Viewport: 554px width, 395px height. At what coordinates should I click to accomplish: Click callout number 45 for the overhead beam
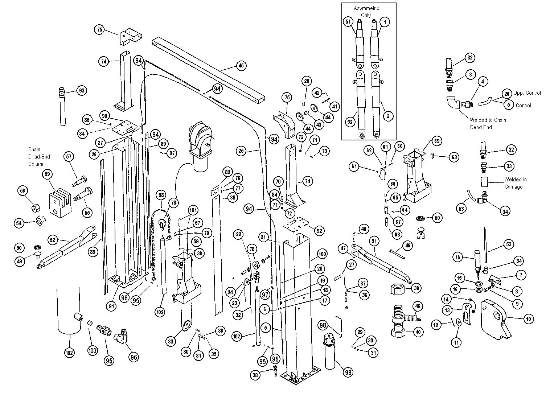click(241, 66)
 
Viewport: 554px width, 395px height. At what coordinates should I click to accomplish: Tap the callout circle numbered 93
click(81, 90)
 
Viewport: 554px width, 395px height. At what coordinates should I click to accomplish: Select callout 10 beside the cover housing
click(528, 319)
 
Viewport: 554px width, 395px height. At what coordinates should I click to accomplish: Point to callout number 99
click(348, 372)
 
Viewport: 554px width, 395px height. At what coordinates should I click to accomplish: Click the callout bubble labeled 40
click(418, 332)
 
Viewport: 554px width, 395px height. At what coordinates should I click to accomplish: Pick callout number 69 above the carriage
click(436, 141)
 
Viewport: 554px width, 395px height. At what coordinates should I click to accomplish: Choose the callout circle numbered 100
click(322, 254)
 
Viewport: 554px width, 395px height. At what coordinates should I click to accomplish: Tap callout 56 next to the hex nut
click(23, 191)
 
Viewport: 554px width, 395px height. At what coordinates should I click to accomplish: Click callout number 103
click(93, 351)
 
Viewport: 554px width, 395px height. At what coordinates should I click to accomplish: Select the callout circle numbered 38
click(255, 375)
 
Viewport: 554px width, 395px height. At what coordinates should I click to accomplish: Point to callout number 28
click(307, 81)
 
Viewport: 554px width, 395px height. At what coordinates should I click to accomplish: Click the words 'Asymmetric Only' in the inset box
click(366, 12)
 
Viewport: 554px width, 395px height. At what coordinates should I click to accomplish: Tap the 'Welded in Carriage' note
click(513, 183)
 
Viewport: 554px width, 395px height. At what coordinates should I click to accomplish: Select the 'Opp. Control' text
click(527, 93)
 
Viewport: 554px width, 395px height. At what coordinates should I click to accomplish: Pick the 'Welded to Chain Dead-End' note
click(487, 123)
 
